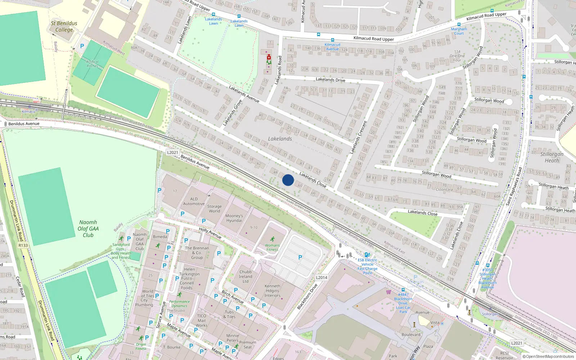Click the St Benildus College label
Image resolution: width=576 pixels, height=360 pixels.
pos(64,26)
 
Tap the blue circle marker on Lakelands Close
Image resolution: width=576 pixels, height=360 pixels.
pos(288,180)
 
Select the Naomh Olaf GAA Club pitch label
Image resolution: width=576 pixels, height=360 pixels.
pos(88,229)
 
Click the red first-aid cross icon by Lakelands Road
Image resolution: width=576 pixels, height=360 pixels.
pos(269,57)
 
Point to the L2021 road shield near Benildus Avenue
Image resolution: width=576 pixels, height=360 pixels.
pos(172,152)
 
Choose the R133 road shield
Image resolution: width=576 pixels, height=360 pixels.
pos(23,245)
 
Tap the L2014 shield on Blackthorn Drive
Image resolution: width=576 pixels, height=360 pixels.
pos(321,278)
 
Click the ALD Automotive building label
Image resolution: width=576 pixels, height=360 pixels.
pos(194,201)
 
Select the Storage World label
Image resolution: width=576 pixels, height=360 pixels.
pos(214,209)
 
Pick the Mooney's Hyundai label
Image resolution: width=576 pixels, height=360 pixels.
pos(234,218)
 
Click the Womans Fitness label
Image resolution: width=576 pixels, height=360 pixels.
pos(272,247)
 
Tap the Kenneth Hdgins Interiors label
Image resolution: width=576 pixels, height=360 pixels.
pos(273,291)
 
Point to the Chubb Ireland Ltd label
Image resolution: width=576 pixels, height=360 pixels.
pos(246,276)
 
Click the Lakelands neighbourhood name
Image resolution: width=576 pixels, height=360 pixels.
pos(280,139)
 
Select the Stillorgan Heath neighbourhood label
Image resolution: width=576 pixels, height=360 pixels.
pos(552,157)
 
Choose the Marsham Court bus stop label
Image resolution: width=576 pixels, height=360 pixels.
pos(459,31)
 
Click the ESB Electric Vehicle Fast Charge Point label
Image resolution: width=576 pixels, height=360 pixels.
pos(367,266)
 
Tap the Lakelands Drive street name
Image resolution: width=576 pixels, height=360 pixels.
pos(330,80)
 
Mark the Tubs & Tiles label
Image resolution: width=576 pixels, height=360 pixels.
pos(229,314)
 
